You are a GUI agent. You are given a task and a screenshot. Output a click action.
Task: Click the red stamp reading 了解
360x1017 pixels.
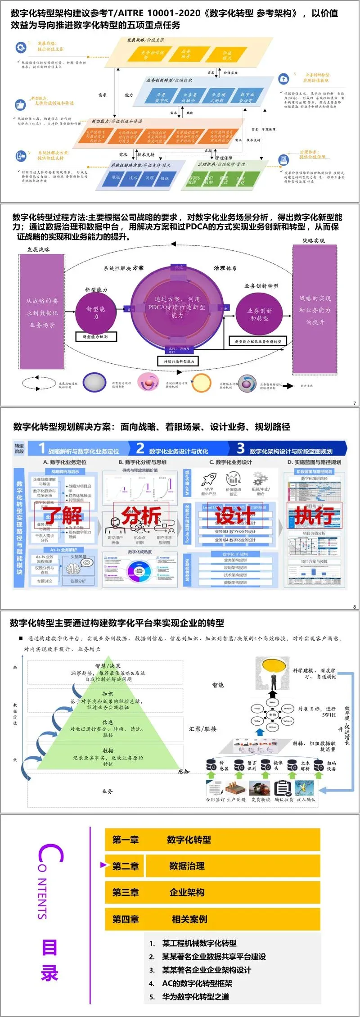click(x=63, y=515)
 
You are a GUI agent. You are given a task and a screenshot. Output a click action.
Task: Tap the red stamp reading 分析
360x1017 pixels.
click(x=141, y=515)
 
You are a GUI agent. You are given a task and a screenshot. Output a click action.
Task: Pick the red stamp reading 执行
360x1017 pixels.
click(x=314, y=515)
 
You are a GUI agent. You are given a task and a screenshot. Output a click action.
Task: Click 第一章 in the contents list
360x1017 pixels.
click(x=126, y=840)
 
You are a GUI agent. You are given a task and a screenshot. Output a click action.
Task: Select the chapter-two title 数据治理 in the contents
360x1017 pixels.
click(x=187, y=866)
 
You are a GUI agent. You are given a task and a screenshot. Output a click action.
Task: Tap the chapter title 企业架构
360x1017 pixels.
click(x=187, y=892)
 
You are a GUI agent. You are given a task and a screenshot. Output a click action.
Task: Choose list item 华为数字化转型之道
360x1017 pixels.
click(x=195, y=996)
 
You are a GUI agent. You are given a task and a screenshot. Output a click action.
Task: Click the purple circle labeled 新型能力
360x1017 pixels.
click(x=95, y=312)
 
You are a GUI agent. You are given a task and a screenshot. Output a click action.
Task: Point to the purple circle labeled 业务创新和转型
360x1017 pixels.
click(x=260, y=314)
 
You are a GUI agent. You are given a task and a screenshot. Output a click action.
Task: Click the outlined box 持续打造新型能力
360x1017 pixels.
click(x=179, y=361)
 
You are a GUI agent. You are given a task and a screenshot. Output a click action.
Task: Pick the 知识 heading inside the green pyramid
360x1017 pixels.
click(x=108, y=694)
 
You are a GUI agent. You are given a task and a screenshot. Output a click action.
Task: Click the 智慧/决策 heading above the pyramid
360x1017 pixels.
click(x=108, y=666)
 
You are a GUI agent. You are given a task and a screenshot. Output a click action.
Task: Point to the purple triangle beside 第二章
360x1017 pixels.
click(x=103, y=865)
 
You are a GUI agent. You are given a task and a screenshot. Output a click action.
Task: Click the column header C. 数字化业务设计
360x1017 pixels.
click(x=230, y=462)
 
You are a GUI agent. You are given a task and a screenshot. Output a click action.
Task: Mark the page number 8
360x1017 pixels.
click(x=354, y=607)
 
